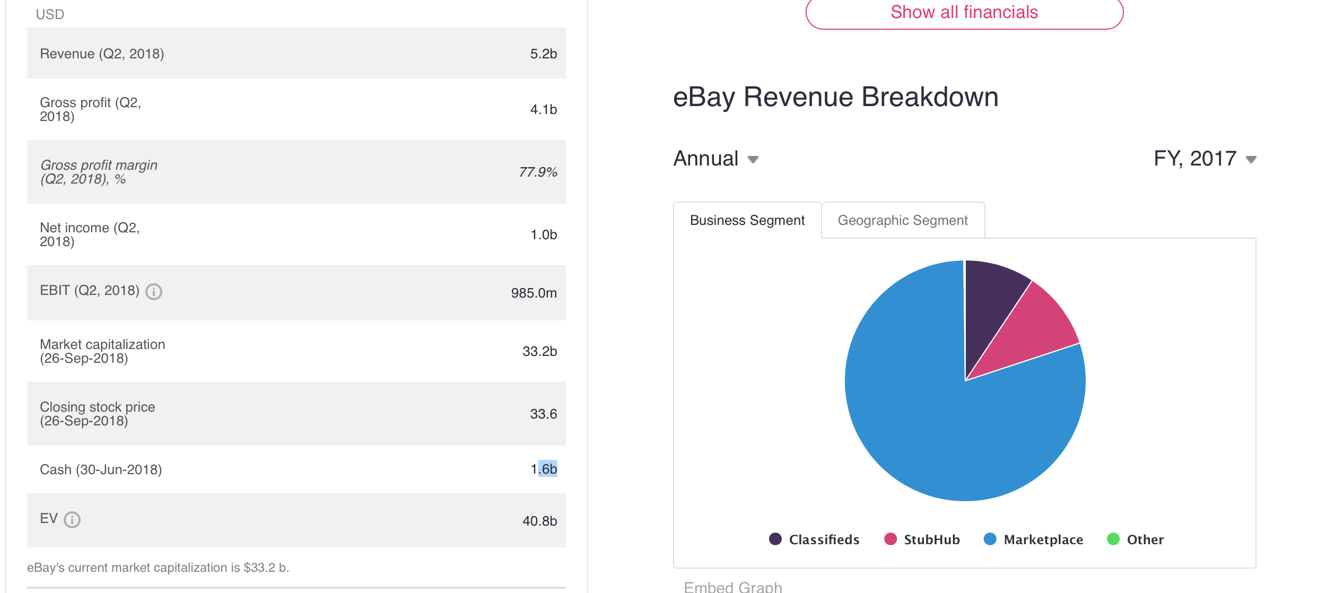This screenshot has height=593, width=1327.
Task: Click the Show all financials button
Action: click(964, 13)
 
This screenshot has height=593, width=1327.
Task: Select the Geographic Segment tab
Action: click(902, 220)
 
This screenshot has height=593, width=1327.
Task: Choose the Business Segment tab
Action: click(747, 220)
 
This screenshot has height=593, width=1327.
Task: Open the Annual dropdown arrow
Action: click(753, 159)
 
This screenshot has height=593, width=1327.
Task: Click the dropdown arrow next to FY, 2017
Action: click(1251, 159)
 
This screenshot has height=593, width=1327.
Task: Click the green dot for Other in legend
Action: click(1113, 539)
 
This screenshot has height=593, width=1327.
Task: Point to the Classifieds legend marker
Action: click(775, 539)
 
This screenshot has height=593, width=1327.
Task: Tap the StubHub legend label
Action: click(931, 539)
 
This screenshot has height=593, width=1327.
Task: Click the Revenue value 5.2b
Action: click(543, 54)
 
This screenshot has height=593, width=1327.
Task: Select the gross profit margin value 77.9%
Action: click(538, 172)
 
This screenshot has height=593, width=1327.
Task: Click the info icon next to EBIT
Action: click(154, 291)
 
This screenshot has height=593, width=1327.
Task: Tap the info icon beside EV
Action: click(72, 519)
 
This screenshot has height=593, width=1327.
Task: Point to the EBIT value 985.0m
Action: click(534, 293)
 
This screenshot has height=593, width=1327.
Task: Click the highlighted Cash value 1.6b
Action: click(544, 469)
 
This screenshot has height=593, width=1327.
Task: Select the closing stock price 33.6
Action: click(543, 414)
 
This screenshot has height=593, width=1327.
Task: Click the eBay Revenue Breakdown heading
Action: click(835, 97)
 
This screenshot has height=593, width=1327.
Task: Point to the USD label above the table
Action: click(50, 14)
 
